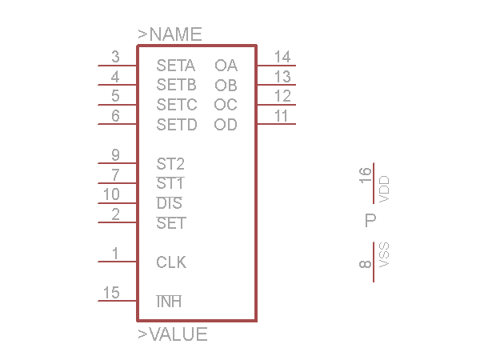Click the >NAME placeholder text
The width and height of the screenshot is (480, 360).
[x=170, y=34]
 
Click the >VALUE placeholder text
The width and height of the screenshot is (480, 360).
[x=173, y=334]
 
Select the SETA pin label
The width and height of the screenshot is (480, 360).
[x=176, y=66]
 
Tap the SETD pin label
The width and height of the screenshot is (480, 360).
[x=176, y=125]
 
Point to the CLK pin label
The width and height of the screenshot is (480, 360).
[x=171, y=262]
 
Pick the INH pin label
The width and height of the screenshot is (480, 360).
[x=169, y=302]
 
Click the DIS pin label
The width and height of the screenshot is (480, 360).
[x=170, y=203]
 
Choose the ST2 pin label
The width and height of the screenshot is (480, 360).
[x=170, y=164]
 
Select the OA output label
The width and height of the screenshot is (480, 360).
[x=226, y=66]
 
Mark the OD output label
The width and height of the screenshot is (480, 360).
[x=226, y=125]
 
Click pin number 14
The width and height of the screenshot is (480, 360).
[x=282, y=57]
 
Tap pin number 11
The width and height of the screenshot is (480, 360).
[x=281, y=116]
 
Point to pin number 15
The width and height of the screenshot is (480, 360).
[x=111, y=293]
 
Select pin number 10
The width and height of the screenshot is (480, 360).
[x=111, y=194]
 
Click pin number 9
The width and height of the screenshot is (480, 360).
[x=115, y=155]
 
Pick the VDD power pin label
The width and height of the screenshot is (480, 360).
[x=384, y=190]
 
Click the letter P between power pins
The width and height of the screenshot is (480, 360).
[x=370, y=221]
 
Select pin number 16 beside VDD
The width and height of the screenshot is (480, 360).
[x=366, y=175]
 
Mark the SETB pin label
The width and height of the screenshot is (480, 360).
[x=176, y=85]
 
